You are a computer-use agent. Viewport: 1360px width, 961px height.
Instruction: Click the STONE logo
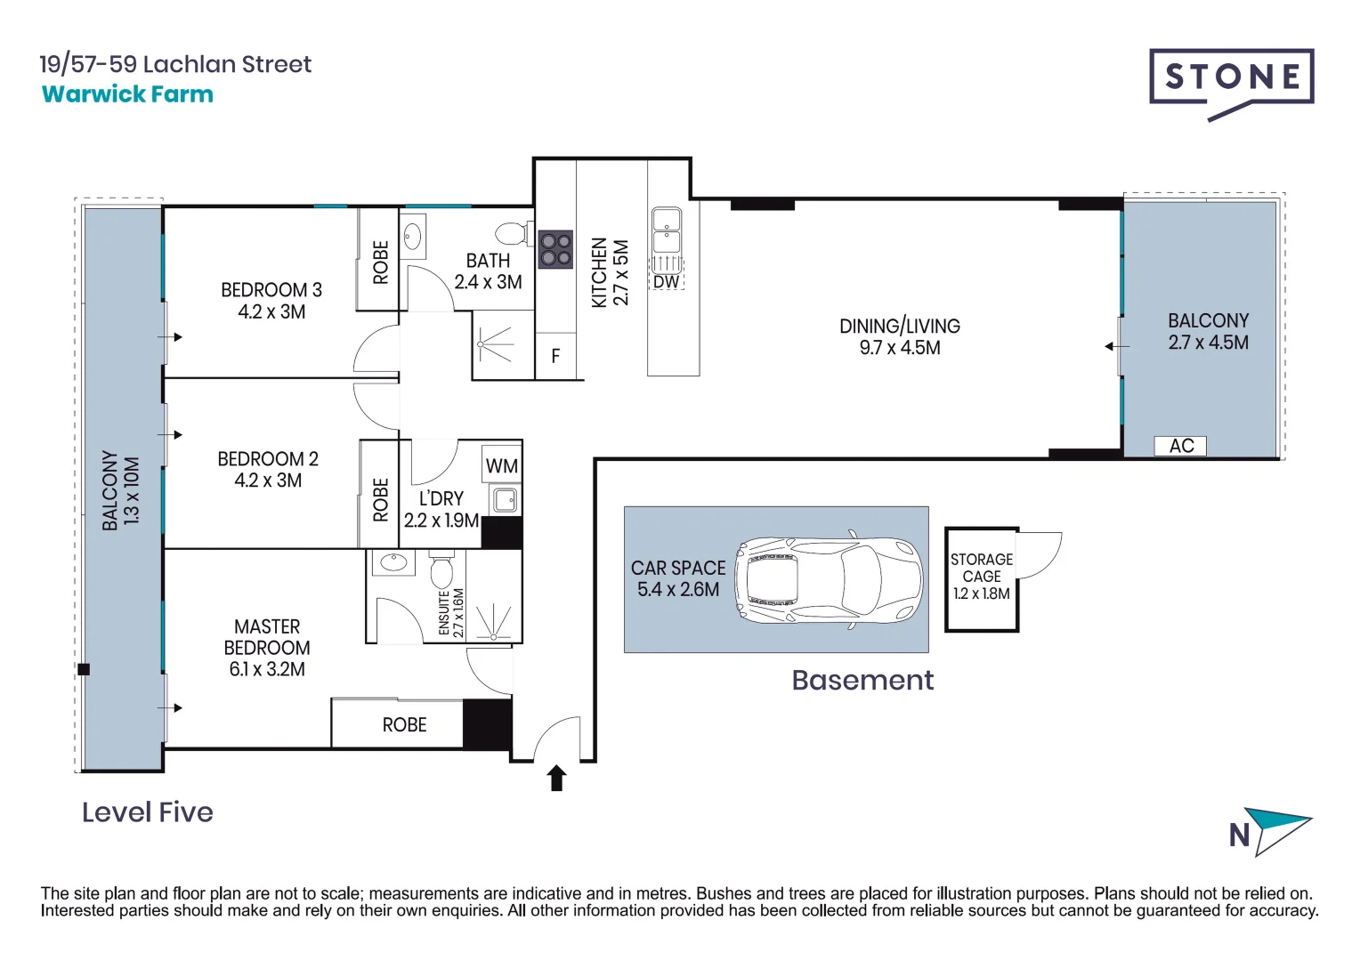pos(1231,77)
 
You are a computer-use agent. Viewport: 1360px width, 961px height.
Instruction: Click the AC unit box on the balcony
pos(1180,446)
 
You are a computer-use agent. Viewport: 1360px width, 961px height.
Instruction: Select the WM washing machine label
pos(502,466)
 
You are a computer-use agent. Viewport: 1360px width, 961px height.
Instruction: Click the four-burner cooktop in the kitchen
pos(555,250)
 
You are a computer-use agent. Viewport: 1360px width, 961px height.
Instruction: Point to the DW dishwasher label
pos(666,282)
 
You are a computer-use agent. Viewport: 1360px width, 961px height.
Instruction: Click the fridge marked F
pos(555,357)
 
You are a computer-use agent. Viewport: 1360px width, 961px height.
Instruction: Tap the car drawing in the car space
pos(828,580)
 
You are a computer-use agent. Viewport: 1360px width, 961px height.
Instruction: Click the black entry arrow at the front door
pos(557,778)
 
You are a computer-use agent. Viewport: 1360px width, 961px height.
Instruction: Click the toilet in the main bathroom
pos(511,233)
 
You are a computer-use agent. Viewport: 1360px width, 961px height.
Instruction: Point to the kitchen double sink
pos(667,230)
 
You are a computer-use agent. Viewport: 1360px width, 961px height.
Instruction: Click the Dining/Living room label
pos(899,336)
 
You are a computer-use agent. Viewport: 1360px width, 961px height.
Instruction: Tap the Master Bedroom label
pos(267,648)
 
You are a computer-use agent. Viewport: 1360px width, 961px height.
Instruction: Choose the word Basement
pos(862,681)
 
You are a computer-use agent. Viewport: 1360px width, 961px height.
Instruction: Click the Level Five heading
pos(148,812)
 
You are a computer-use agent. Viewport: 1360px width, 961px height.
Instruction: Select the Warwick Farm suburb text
pos(127,94)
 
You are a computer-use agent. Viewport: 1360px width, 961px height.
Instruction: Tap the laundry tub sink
pos(506,499)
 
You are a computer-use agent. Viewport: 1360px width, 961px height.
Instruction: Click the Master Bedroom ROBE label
pos(404,725)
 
